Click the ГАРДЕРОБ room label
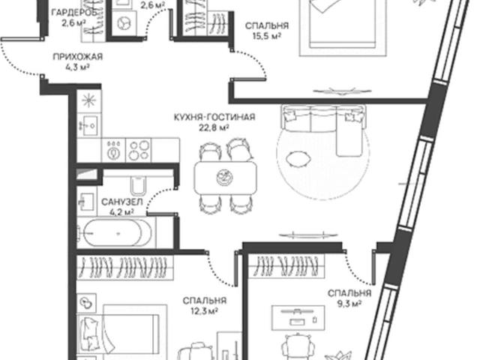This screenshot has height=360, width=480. coord(75,13)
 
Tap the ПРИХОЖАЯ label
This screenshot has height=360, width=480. coord(78,57)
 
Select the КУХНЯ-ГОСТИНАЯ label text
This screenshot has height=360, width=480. coord(214,117)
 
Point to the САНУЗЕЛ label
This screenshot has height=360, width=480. coord(121,202)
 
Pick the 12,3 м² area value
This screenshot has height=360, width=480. coord(204,311)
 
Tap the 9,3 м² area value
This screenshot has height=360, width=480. coord(349,304)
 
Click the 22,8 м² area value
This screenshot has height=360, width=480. coord(214,128)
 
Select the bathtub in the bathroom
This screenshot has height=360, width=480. coord(117,233)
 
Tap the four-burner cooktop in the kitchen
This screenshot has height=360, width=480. coord(138,150)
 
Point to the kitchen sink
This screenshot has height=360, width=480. coord(89,125)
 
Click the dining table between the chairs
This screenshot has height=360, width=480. coord(225,178)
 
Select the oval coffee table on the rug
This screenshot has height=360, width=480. coord(298,158)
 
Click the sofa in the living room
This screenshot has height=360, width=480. coord(323,122)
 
